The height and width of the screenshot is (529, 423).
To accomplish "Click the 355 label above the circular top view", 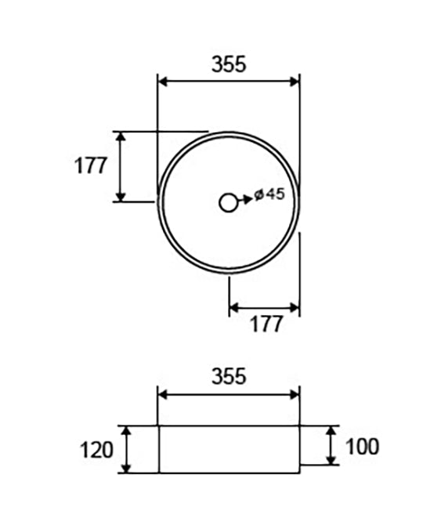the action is tap(229, 64).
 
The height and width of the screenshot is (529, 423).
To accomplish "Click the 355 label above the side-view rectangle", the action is tap(229, 376).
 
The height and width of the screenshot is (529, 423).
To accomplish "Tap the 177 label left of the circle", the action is tap(90, 165).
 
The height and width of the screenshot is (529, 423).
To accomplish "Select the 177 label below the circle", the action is tap(266, 324).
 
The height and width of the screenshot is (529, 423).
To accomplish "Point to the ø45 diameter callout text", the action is tap(269, 194).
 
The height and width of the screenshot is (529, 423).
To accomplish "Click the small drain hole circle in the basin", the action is tap(228, 203).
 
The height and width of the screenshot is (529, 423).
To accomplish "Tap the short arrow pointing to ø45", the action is tap(245, 200).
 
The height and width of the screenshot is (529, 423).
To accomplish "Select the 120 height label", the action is tap(96, 450).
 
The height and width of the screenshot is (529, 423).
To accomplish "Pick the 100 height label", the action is tap(362, 447).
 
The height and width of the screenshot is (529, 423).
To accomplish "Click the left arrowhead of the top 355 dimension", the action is tap(163, 82).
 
